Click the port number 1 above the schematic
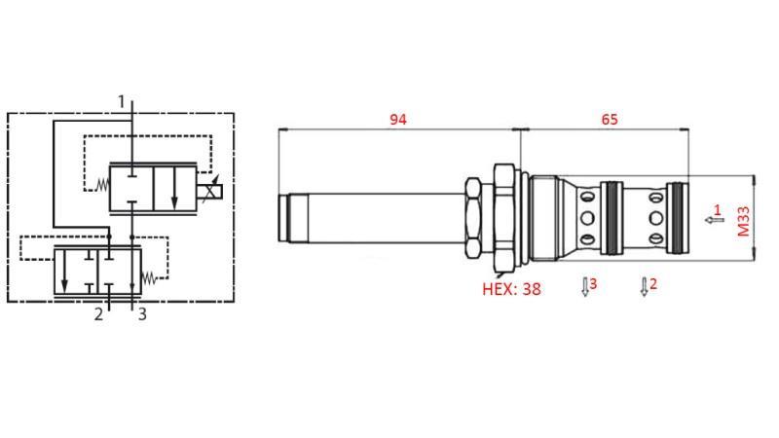click(x=122, y=101)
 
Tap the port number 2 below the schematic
click(x=98, y=314)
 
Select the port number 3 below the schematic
click(x=142, y=314)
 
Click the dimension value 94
click(x=397, y=120)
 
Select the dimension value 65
click(x=609, y=120)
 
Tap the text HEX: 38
click(x=511, y=288)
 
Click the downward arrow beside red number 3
click(x=584, y=287)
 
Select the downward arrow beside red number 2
click(x=643, y=287)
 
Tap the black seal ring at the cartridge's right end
click(x=678, y=218)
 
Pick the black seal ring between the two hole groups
click(x=612, y=218)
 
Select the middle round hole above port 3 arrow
click(x=586, y=218)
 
